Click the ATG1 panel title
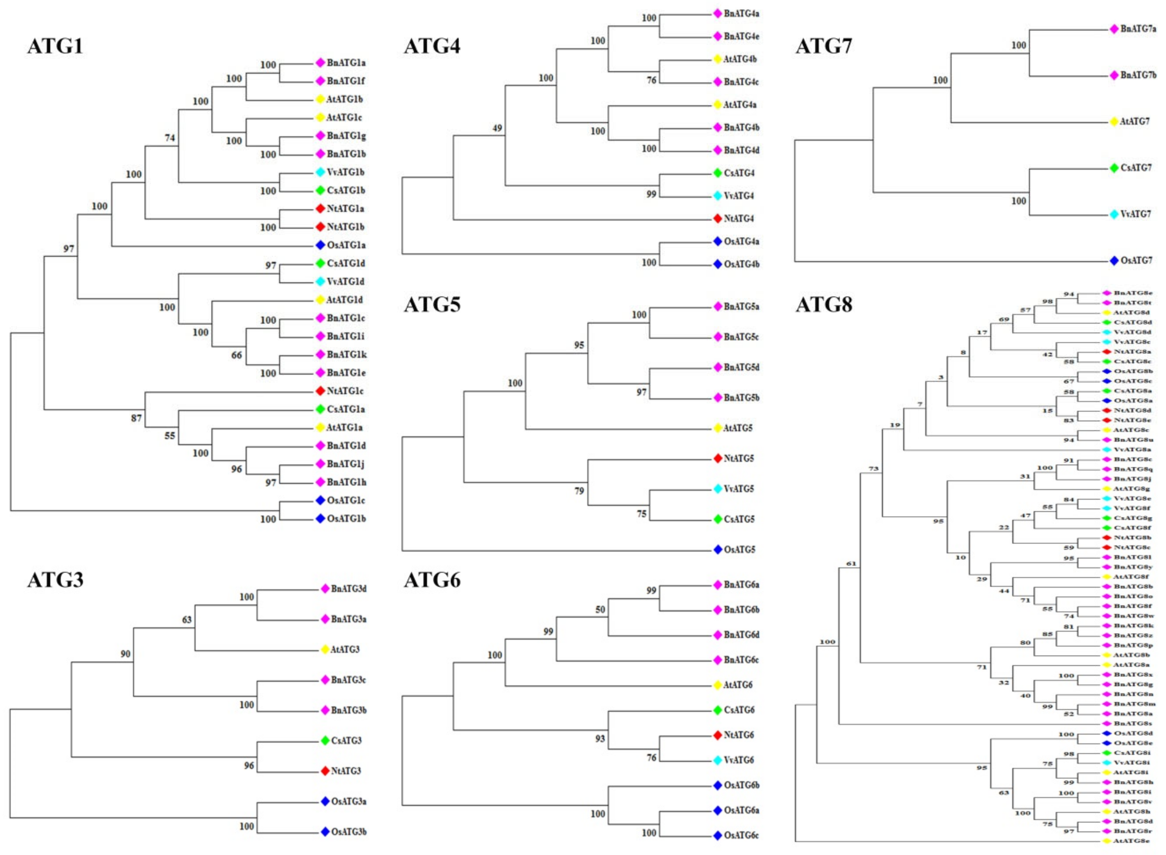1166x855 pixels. tap(55, 46)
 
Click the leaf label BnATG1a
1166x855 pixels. tap(346, 63)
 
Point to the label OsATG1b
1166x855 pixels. tap(346, 518)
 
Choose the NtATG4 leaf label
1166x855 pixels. tap(739, 218)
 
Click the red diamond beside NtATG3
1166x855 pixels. tap(325, 771)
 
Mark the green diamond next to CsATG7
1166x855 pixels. tap(1114, 168)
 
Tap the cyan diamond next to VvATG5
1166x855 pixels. tap(717, 489)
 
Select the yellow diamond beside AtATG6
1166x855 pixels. tap(717, 685)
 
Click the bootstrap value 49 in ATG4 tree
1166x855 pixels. tap(497, 128)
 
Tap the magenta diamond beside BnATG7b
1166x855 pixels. tap(1114, 75)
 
